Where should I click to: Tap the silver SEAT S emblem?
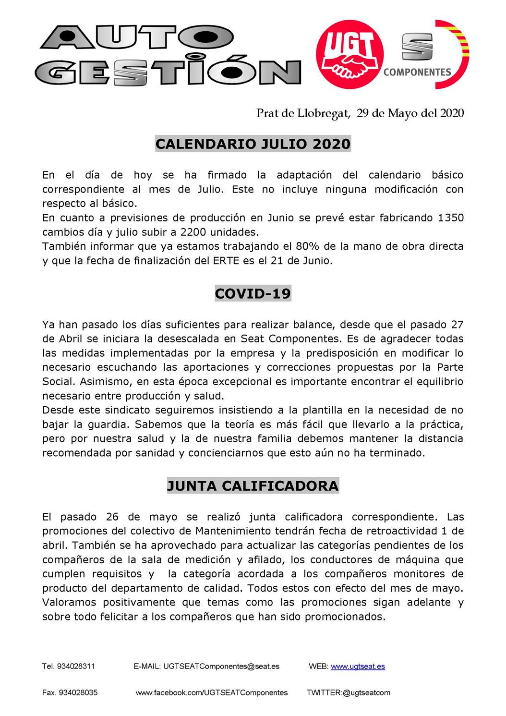pyautogui.click(x=417, y=46)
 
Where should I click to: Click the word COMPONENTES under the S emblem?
pyautogui.click(x=417, y=72)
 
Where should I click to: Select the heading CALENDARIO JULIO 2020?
pyautogui.click(x=253, y=144)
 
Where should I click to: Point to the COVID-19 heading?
pyautogui.click(x=253, y=293)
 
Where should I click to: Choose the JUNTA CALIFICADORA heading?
pyautogui.click(x=253, y=485)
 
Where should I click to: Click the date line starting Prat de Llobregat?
pyautogui.click(x=360, y=113)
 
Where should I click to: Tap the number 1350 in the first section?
pyautogui.click(x=451, y=218)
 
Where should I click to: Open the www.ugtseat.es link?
pyautogui.click(x=358, y=667)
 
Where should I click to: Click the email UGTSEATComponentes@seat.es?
pyautogui.click(x=221, y=667)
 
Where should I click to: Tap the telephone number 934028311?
pyautogui.click(x=76, y=667)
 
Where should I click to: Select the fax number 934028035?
pyautogui.click(x=77, y=692)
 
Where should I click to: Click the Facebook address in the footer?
pyautogui.click(x=212, y=692)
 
